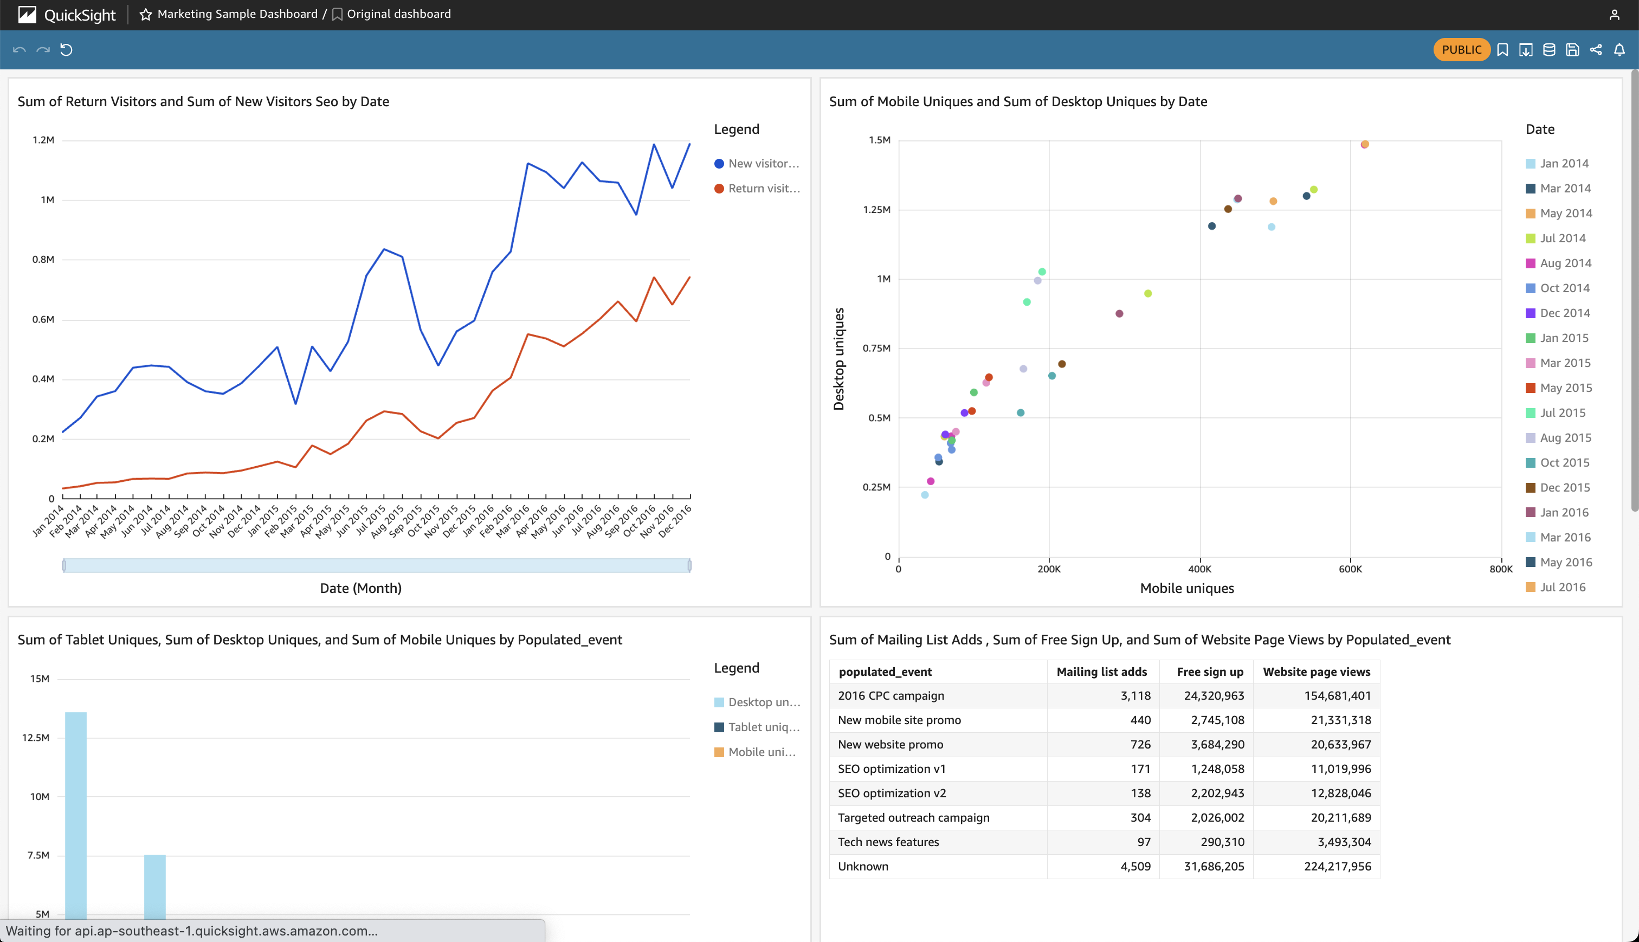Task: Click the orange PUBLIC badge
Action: click(1461, 50)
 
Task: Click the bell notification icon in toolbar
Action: click(1619, 50)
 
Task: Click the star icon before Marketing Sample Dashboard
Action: click(146, 14)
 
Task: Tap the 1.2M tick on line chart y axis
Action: click(43, 140)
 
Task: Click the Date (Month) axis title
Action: click(360, 588)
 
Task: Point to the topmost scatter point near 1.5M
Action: click(1364, 144)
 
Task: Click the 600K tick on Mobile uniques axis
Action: click(1350, 569)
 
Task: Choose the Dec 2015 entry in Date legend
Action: click(1564, 488)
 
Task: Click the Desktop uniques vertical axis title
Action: click(839, 359)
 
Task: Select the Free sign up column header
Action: click(1210, 672)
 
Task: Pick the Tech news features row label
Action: click(888, 842)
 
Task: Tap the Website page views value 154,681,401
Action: click(1337, 695)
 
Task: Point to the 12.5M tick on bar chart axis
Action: click(36, 738)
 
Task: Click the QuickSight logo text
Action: click(80, 15)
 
